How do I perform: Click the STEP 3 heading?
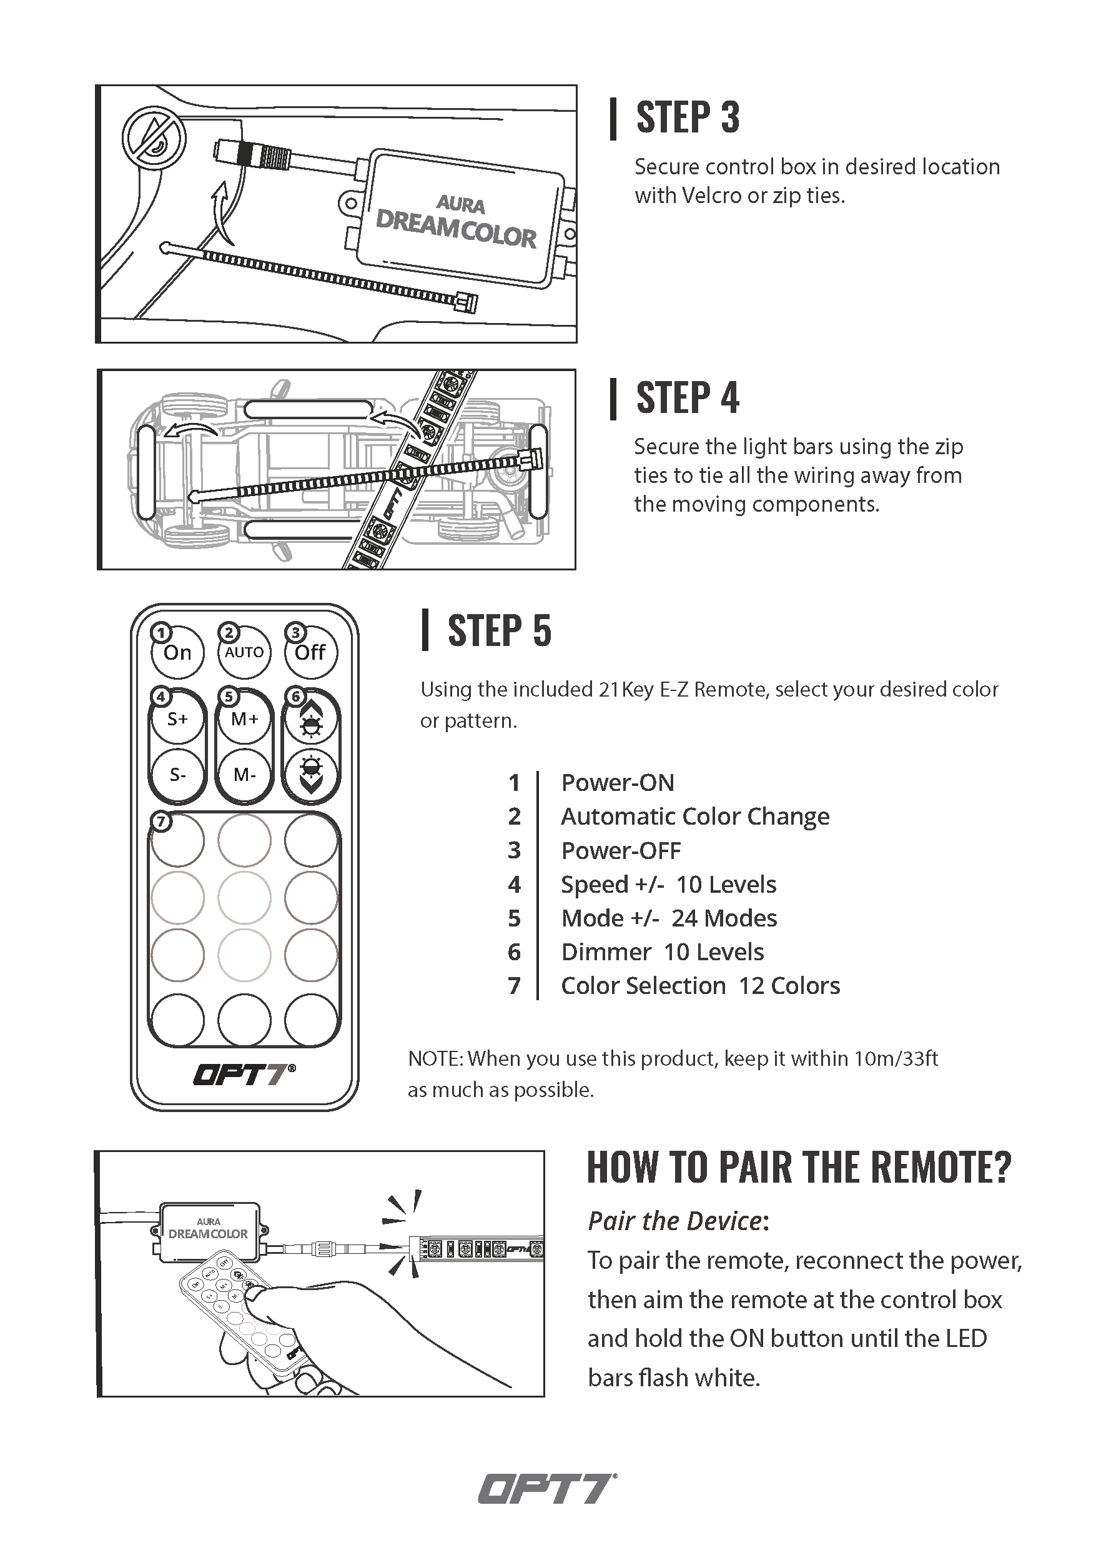687,117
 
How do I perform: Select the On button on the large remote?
177,652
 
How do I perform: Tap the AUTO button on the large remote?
244,652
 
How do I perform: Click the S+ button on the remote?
177,719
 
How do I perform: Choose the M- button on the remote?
244,774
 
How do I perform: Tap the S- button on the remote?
177,774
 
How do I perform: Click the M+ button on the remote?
244,719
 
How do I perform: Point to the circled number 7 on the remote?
160,822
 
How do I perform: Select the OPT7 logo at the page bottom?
547,1489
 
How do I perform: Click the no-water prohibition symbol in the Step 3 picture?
153,137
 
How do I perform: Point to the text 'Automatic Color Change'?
695,816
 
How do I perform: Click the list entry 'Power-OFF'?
621,851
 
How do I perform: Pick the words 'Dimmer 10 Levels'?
662,952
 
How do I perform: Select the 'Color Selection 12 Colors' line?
701,986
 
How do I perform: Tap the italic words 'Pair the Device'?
675,1221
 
